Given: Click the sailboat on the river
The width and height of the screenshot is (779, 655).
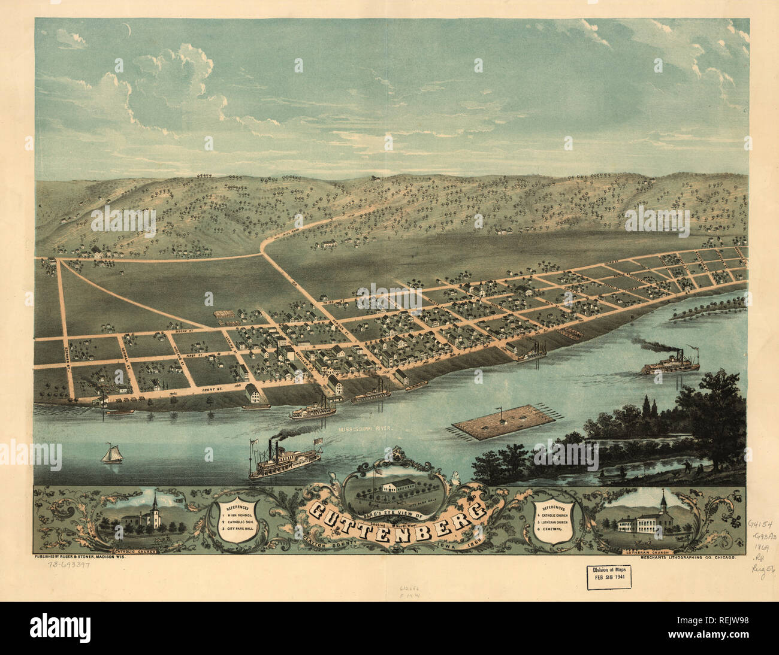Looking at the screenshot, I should point(111,454).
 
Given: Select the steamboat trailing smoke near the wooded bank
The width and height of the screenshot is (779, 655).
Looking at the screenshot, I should point(670,363).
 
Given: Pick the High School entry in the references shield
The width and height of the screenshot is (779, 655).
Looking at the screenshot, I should point(241,515).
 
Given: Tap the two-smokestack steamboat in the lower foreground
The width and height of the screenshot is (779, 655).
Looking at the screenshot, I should point(285,462).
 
